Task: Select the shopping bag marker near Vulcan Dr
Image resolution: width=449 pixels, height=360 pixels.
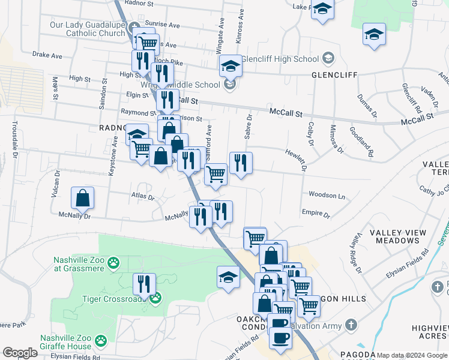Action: click(83, 197)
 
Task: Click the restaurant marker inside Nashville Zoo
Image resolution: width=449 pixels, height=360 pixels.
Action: click(144, 284)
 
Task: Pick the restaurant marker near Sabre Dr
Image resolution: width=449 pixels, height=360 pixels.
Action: click(241, 162)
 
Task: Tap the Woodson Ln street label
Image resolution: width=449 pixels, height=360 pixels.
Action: click(327, 196)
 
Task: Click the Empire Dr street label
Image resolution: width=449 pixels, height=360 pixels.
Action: click(316, 213)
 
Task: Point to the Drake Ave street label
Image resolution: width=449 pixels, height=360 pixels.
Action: click(47, 55)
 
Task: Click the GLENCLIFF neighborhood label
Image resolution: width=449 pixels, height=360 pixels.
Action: click(334, 75)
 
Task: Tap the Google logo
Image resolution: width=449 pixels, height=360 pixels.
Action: click(20, 353)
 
